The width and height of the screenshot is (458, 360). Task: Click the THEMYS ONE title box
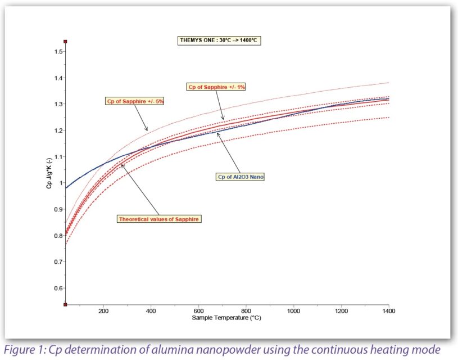(x=218, y=40)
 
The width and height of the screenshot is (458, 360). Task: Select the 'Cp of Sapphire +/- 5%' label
(x=130, y=101)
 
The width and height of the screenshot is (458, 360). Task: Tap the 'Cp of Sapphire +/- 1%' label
(x=216, y=87)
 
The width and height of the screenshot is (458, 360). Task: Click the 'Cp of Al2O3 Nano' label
(x=241, y=177)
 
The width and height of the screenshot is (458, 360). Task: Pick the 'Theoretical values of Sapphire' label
(x=158, y=219)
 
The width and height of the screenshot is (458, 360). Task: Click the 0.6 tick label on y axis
(x=56, y=289)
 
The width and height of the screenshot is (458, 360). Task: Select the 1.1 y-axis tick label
(x=56, y=157)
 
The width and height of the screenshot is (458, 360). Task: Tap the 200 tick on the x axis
(x=103, y=310)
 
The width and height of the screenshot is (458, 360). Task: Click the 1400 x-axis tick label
(x=388, y=310)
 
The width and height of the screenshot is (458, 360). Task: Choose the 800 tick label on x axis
(x=246, y=310)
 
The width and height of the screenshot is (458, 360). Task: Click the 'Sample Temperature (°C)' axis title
(x=226, y=318)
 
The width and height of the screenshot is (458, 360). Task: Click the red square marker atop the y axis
(x=66, y=42)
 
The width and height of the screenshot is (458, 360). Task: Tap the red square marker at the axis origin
(x=66, y=304)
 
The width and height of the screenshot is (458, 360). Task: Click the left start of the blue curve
(x=66, y=188)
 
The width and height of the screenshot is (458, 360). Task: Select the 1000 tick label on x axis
(x=293, y=310)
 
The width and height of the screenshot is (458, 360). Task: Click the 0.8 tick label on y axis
(x=56, y=236)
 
